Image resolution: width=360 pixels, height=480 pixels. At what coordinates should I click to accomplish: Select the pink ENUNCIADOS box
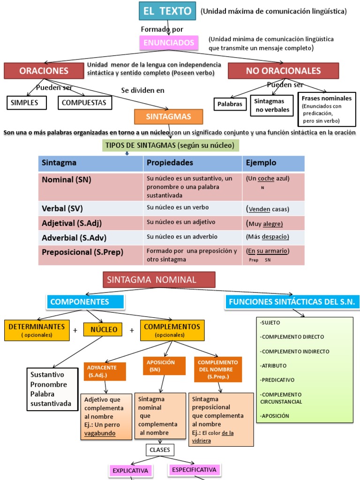point(162,43)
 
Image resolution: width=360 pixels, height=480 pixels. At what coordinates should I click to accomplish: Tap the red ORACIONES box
point(44,71)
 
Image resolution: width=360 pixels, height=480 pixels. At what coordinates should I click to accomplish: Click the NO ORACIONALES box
point(283,71)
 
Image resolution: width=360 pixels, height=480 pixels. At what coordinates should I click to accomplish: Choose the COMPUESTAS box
point(85,102)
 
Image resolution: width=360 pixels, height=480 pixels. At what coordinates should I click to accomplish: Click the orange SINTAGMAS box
point(162,116)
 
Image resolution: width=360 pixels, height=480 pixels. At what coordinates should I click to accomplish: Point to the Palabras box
point(230,104)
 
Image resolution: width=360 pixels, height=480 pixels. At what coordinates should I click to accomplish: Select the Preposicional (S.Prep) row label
point(82,252)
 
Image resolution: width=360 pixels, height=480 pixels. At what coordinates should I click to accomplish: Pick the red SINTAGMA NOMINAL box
point(159,280)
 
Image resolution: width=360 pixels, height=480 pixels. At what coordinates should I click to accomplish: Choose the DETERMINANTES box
point(37,329)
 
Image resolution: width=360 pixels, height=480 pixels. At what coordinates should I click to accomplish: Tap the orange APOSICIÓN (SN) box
point(160,366)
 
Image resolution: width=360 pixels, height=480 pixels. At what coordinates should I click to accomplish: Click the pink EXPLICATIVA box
point(130,471)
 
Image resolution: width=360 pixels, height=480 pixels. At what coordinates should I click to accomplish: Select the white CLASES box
point(160,450)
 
